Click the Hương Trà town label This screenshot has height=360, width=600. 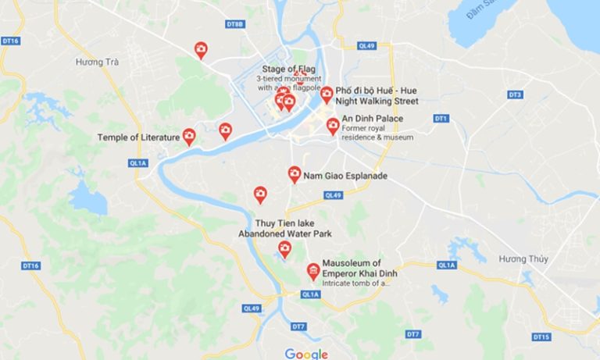click(97, 62)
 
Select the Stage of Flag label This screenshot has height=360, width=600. click(289, 69)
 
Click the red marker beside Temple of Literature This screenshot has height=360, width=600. click(189, 137)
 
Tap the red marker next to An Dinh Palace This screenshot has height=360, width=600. click(333, 126)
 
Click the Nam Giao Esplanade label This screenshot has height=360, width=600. click(345, 176)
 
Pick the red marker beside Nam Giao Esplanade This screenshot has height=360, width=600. click(295, 174)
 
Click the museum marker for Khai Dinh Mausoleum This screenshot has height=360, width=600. click(313, 271)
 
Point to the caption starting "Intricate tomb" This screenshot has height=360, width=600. click(355, 283)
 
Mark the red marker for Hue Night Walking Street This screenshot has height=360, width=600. click(327, 94)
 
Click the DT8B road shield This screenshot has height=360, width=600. click(235, 25)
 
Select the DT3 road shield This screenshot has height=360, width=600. click(514, 94)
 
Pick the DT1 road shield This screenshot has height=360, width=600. click(441, 118)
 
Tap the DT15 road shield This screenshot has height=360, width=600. click(541, 337)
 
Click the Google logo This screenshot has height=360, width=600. click(306, 354)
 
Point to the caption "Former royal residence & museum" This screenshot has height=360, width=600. click(377, 133)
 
